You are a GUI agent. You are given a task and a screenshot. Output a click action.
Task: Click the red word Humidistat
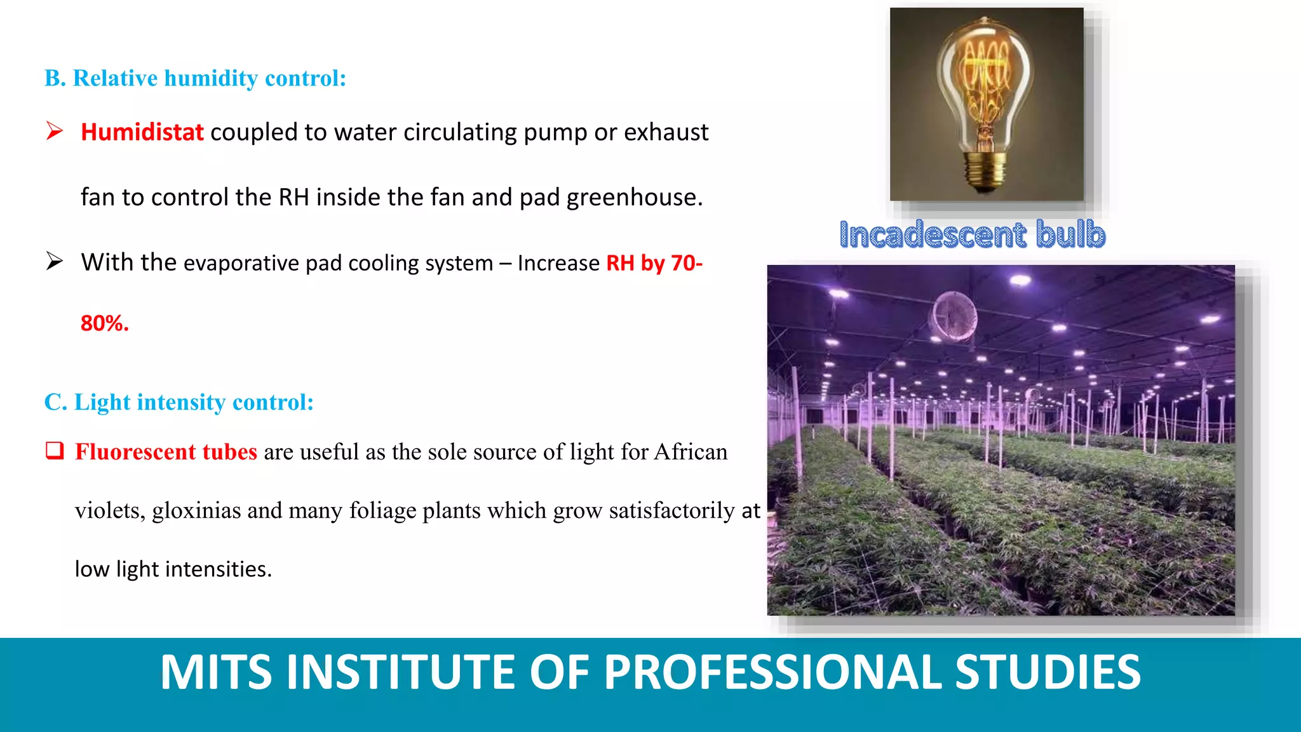coord(142,132)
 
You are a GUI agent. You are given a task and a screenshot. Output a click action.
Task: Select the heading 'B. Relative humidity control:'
coord(195,78)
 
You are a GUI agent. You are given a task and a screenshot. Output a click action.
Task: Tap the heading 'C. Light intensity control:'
coord(179,402)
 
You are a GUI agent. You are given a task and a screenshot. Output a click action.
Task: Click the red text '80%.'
coord(105,323)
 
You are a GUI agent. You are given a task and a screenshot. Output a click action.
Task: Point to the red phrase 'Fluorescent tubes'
coord(166,452)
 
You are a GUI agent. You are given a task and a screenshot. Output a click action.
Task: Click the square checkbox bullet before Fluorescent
coord(55,451)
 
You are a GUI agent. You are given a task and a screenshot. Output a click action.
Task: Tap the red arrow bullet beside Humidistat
coord(55,131)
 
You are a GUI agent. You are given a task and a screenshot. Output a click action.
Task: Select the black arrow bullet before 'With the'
coord(55,261)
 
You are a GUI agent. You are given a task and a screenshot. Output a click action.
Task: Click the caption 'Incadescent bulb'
coord(972,234)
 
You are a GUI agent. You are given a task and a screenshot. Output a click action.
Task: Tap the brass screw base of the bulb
coord(985,172)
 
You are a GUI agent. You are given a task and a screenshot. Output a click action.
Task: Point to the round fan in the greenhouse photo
coord(953,316)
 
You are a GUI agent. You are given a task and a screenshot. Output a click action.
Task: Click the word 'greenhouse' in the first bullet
coord(634,198)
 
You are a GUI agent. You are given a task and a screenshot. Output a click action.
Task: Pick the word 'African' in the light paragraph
coord(691,452)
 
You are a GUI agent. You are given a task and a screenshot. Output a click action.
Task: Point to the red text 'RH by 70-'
coord(654,263)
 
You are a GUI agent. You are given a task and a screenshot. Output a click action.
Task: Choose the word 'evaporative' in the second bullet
coord(241,264)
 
